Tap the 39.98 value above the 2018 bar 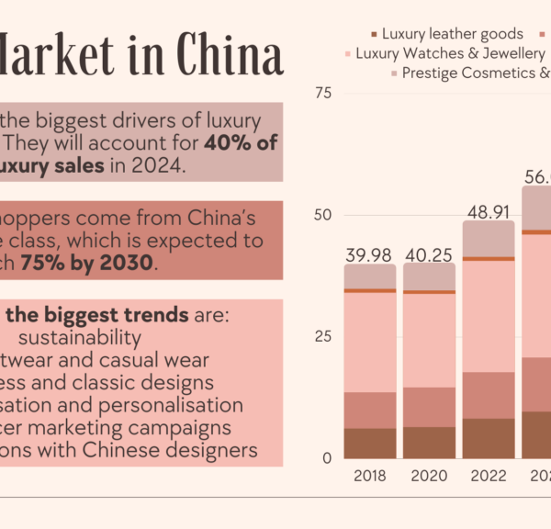tap(369, 254)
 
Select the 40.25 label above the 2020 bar tap(429, 254)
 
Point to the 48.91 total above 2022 tap(488, 211)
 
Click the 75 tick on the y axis tap(322, 94)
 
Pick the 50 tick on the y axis tap(322, 215)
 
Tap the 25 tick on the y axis tap(322, 336)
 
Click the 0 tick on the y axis tap(326, 457)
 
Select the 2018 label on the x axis tap(369, 478)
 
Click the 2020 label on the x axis tap(429, 478)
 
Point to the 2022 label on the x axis tap(488, 478)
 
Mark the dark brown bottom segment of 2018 tap(369, 443)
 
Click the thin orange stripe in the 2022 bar tap(488, 259)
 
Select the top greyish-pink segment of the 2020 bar tap(429, 277)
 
